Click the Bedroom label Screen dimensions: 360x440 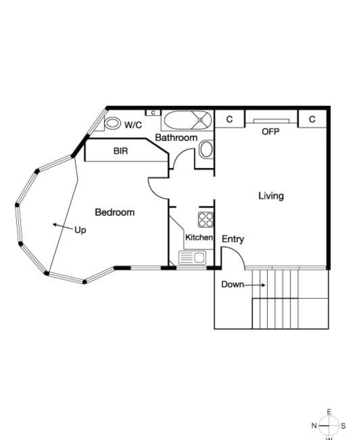coord(115,212)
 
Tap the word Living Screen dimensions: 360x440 coord(271,196)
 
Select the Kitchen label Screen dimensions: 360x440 coord(199,237)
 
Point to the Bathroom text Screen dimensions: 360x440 coord(176,138)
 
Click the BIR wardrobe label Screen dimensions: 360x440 coord(120,151)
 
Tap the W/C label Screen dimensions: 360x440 coord(133,125)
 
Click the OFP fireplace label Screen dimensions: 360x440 coord(270,132)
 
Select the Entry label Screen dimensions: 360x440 coord(233,239)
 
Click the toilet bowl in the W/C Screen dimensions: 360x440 coord(112,123)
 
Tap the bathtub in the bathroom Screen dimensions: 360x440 coord(187,120)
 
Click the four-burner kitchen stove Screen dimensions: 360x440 coord(206,220)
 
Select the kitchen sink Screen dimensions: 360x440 coord(192,258)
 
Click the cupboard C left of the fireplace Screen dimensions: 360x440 coord(229,119)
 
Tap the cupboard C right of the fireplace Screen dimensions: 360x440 coord(312,119)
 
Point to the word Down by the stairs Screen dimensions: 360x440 coord(232,284)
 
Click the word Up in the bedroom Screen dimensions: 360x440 coord(80,230)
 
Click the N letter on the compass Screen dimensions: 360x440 coord(314,426)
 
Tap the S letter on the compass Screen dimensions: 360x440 coord(343,426)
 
